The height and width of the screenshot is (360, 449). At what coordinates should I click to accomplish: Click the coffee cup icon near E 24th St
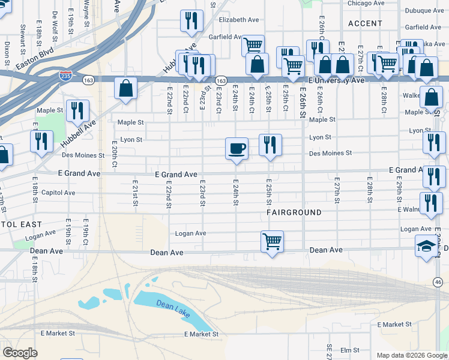pyautogui.click(x=237, y=148)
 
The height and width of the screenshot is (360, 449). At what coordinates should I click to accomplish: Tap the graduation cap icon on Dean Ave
pyautogui.click(x=427, y=246)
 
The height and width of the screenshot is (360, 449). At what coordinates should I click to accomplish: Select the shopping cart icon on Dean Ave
pyautogui.click(x=273, y=242)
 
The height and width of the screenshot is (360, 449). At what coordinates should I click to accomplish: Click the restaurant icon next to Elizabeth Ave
pyautogui.click(x=191, y=20)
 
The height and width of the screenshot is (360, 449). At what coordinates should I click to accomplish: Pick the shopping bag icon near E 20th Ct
pyautogui.click(x=127, y=89)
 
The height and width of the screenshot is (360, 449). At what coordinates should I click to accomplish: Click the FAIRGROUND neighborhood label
pyautogui.click(x=295, y=212)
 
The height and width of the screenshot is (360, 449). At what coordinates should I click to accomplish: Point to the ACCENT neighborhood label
pyautogui.click(x=364, y=23)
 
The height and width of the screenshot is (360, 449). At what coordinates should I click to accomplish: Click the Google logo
pyautogui.click(x=20, y=353)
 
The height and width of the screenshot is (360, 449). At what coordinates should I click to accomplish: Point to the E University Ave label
pyautogui.click(x=336, y=80)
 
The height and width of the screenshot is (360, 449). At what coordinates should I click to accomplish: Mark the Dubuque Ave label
pyautogui.click(x=424, y=10)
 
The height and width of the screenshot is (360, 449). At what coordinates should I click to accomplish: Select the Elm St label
pyautogui.click(x=349, y=350)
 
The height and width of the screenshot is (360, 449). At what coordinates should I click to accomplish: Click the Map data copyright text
pyautogui.click(x=412, y=355)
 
